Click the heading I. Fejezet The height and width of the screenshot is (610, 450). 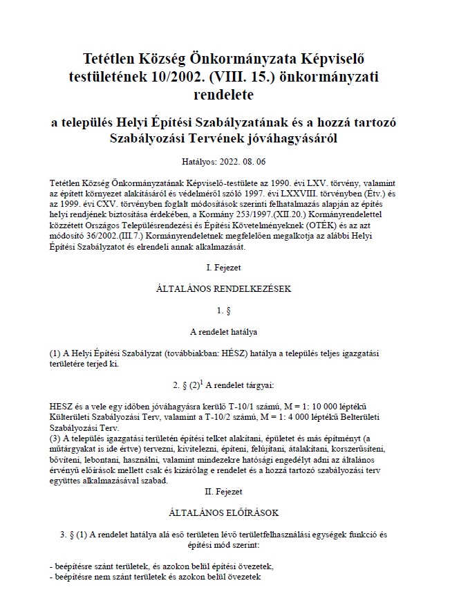[224, 266]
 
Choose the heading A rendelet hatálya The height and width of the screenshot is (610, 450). [224, 332]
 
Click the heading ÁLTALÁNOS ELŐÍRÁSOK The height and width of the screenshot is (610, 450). [224, 512]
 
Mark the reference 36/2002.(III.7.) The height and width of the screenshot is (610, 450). [113, 235]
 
